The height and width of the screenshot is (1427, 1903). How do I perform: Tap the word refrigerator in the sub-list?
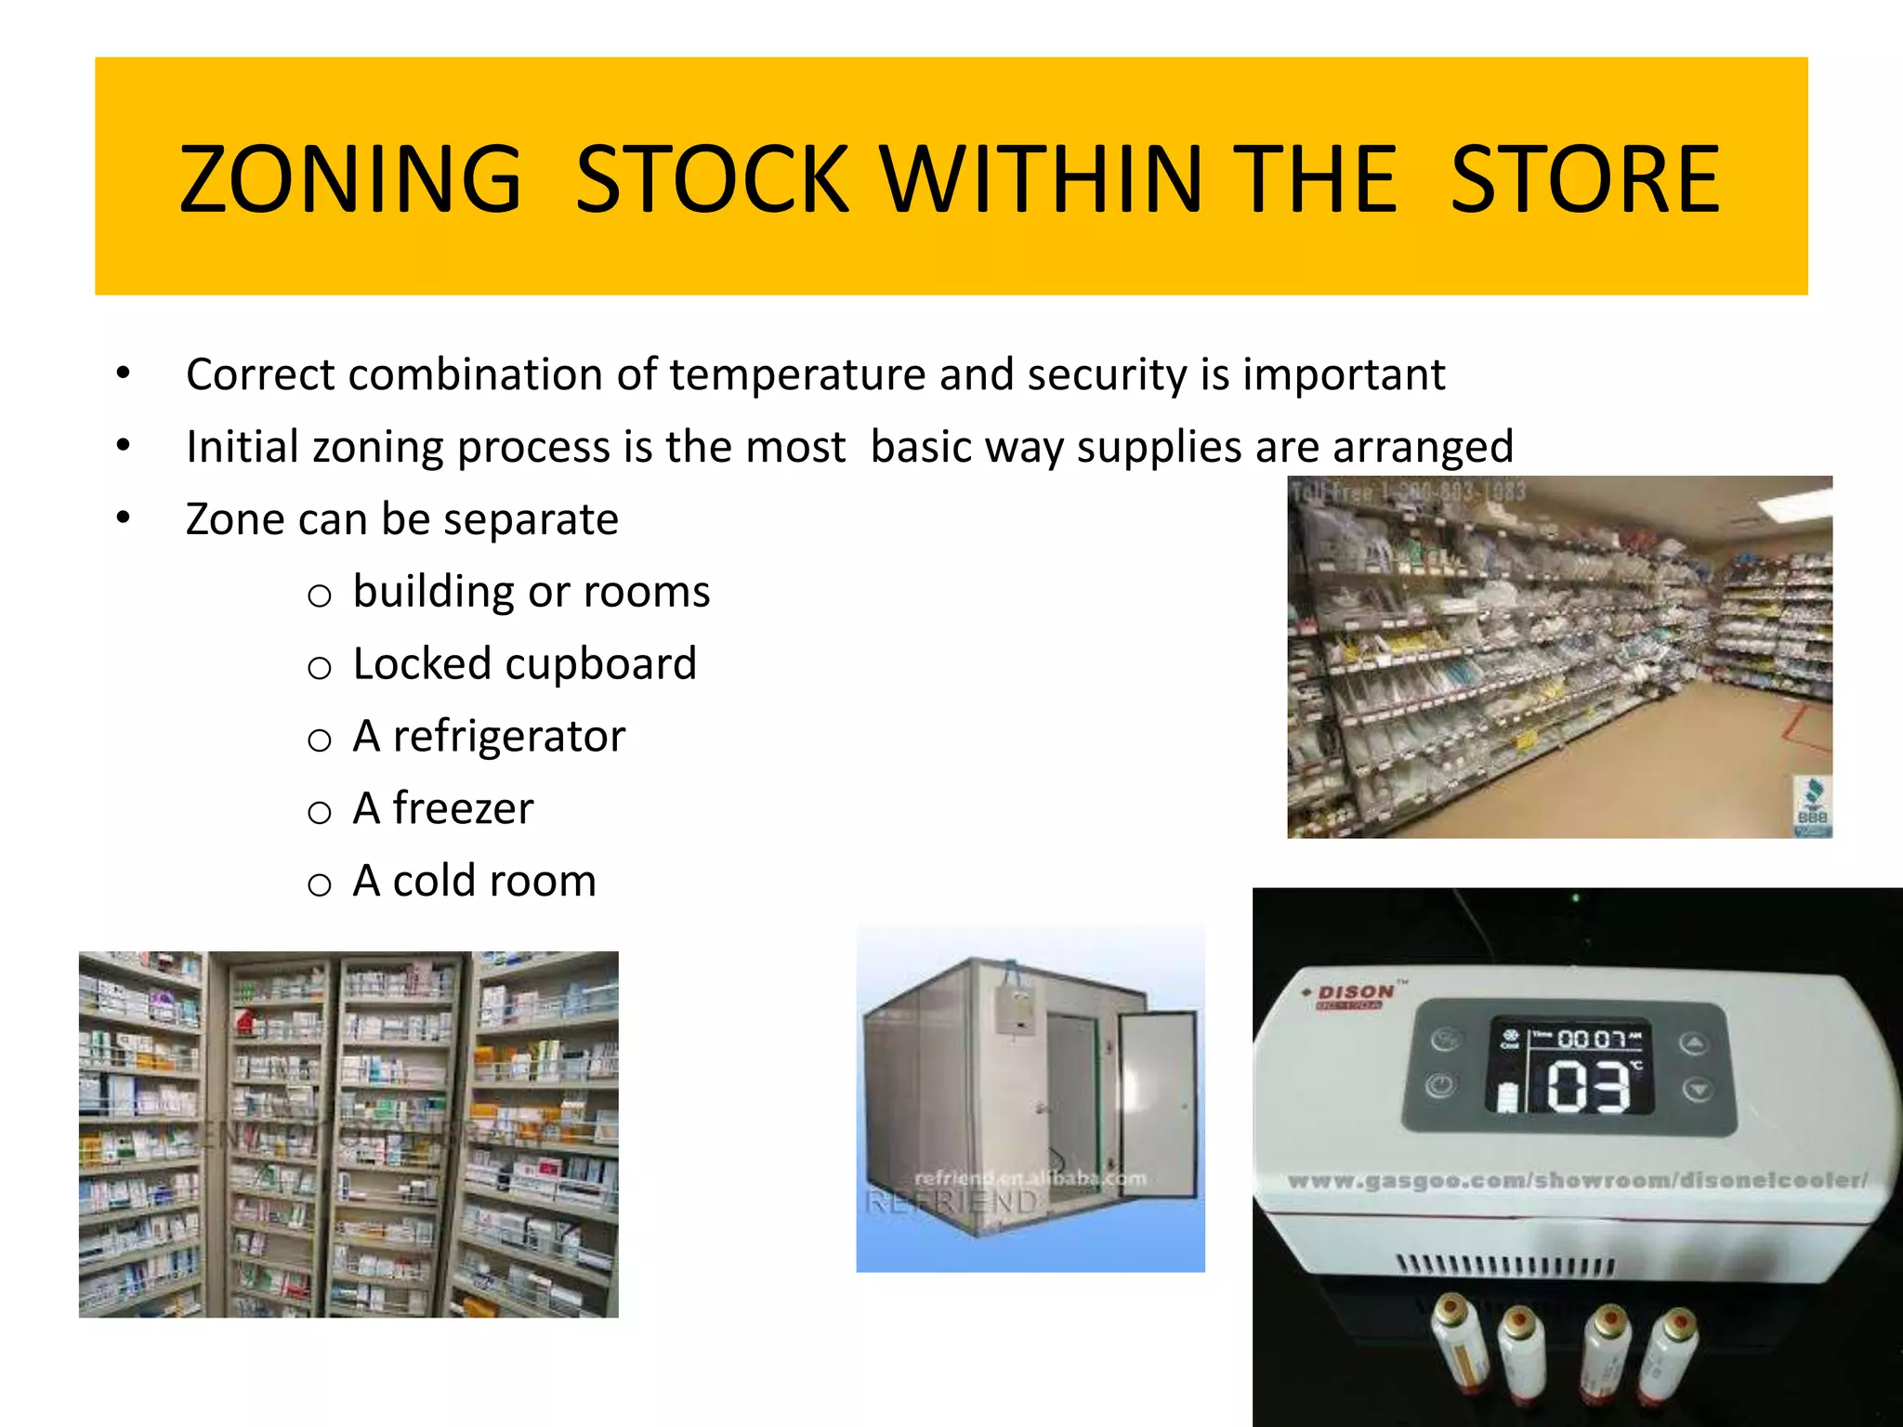point(508,737)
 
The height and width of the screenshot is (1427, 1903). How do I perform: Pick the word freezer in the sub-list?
point(463,808)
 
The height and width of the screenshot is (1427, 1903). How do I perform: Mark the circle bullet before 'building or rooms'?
point(320,596)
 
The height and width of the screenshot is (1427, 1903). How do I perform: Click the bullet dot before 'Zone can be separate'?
point(124,518)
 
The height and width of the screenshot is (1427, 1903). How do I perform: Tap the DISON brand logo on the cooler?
point(1355,993)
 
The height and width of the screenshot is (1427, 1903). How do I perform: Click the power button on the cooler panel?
point(1440,1084)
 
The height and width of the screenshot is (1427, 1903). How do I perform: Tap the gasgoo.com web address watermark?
point(1577,1181)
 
